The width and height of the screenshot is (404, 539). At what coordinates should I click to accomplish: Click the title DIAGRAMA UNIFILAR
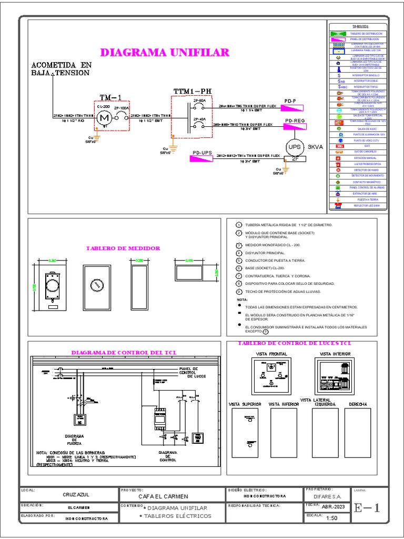coord(165,53)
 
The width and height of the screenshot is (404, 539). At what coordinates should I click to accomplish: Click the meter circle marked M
coord(103,119)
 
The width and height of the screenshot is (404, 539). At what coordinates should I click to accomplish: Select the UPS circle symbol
coord(295,147)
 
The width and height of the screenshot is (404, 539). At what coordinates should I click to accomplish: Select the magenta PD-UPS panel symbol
coord(203,159)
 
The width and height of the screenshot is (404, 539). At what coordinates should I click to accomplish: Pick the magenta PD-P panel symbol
coord(292,108)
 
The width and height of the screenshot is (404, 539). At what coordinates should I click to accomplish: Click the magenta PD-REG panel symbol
coord(296,127)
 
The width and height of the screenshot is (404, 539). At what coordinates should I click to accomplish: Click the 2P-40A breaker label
coord(199,119)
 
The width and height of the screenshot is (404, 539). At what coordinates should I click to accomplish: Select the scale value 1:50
coord(331,518)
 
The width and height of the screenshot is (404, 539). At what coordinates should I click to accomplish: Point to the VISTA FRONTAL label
coord(271,354)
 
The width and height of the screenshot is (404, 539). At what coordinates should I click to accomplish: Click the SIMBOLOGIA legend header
coord(360,26)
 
